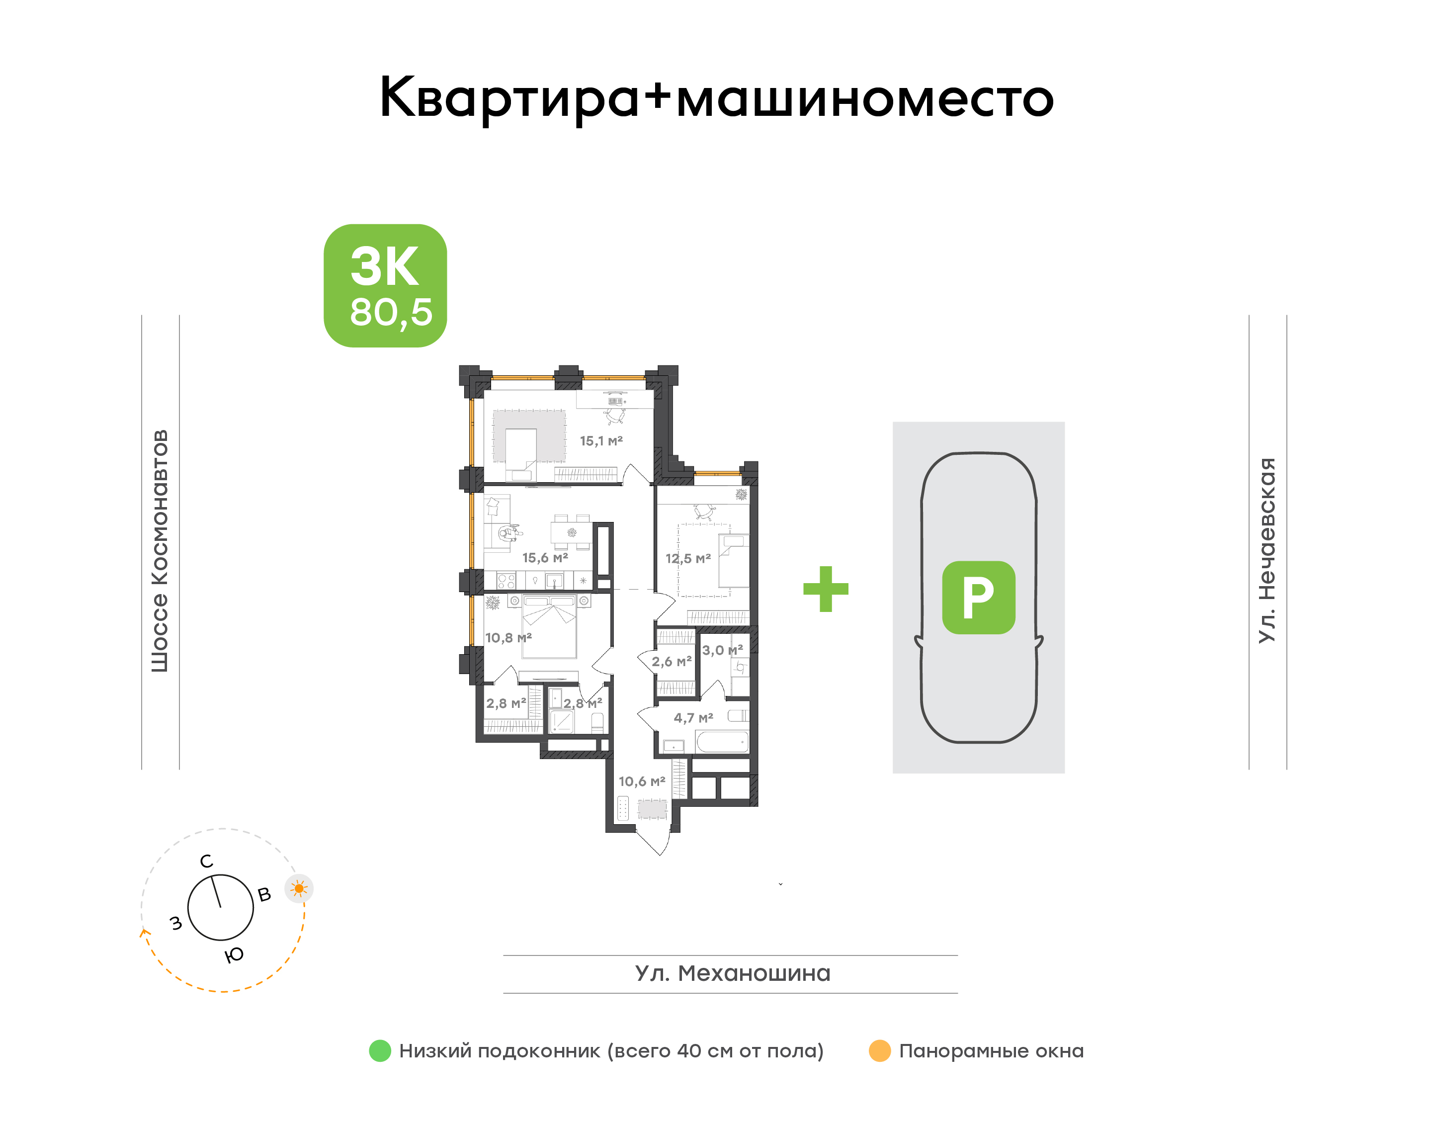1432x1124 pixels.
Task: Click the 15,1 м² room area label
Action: [x=601, y=441]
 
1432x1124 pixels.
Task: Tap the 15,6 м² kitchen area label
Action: [x=545, y=558]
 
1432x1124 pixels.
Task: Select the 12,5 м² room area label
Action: [x=688, y=559]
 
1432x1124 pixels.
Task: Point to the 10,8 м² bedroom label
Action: [x=508, y=638]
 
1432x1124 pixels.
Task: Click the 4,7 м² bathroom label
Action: [x=693, y=718]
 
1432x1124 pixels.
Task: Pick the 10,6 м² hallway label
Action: [x=642, y=782]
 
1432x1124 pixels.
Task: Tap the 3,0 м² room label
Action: [x=722, y=650]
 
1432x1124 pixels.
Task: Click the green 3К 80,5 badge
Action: [x=385, y=286]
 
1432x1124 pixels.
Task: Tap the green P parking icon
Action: [x=979, y=598]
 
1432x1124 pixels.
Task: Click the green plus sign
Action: [x=826, y=589]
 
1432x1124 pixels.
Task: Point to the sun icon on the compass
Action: [x=299, y=889]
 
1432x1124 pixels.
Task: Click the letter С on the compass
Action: [x=207, y=862]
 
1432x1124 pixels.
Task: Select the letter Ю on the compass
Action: [x=234, y=955]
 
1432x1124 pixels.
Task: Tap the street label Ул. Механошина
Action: [x=733, y=973]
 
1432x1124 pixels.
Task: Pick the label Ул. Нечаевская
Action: [x=1267, y=550]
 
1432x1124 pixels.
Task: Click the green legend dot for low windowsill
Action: [x=380, y=1051]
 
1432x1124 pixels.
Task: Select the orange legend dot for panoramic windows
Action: [x=880, y=1051]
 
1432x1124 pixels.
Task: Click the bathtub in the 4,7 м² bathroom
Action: [x=722, y=742]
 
